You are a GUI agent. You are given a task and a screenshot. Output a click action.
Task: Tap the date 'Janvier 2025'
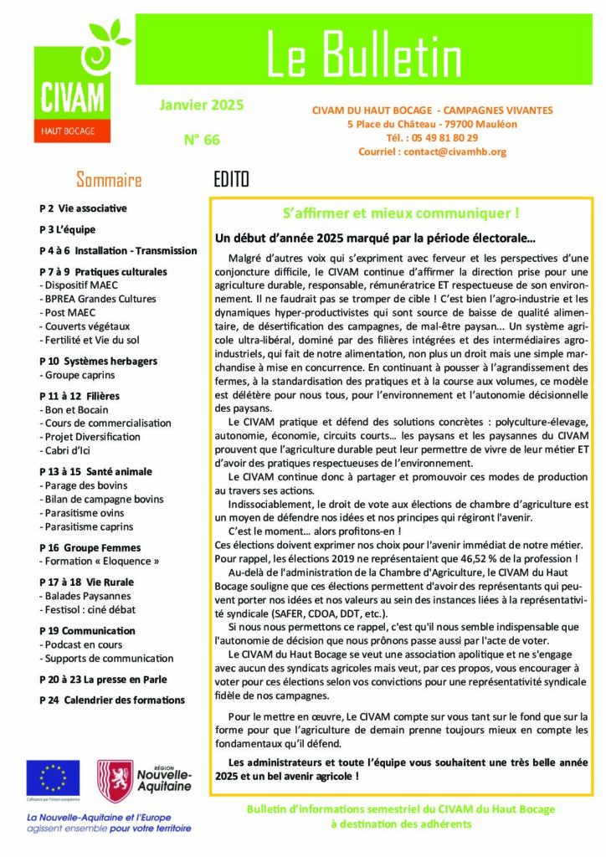(201, 105)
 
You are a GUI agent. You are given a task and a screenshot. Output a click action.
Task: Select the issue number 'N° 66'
(201, 140)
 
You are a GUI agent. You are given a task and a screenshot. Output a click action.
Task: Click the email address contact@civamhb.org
(432, 151)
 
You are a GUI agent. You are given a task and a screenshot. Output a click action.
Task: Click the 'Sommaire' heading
(109, 179)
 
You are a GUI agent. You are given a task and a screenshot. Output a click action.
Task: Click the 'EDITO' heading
(232, 179)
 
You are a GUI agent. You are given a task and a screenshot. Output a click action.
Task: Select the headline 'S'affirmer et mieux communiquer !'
(401, 213)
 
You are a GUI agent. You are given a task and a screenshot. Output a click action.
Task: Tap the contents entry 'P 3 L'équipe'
(68, 228)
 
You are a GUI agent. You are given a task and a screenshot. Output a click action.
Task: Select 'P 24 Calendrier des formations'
(112, 700)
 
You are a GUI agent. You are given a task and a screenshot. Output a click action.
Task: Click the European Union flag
(53, 777)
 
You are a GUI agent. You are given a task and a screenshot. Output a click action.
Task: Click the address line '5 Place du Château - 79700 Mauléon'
(432, 124)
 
